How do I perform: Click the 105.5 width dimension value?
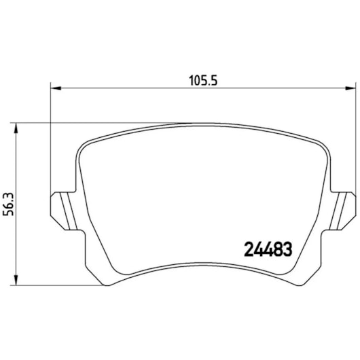pos(203,81)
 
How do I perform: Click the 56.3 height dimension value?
pos(8,204)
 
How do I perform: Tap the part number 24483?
pos(268,249)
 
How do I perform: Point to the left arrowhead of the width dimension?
pos(56,88)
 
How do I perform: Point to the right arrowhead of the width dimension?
pos(350,88)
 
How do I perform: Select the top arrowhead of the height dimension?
pos(16,128)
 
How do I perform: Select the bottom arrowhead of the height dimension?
pos(16,280)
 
